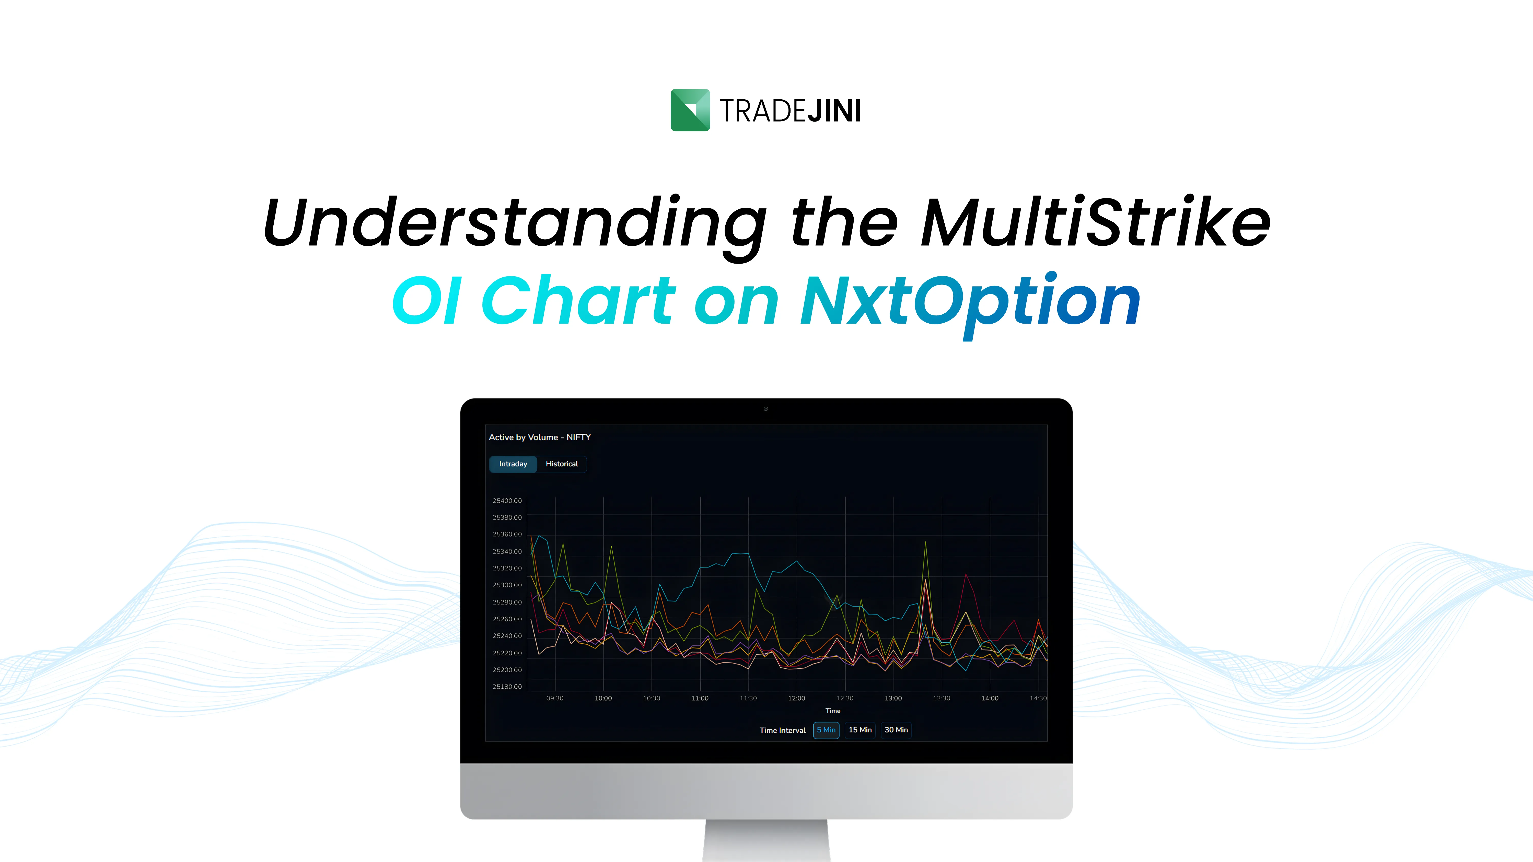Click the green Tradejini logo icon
point(690,110)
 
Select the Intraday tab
point(513,464)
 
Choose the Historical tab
point(562,464)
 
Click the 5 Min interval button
point(826,730)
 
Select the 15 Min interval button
point(860,730)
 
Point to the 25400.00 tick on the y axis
point(507,501)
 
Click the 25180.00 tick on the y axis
point(507,687)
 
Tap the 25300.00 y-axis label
point(507,585)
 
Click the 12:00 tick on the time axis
point(796,698)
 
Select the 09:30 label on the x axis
point(555,698)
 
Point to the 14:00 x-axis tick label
point(990,698)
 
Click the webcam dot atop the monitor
point(766,409)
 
